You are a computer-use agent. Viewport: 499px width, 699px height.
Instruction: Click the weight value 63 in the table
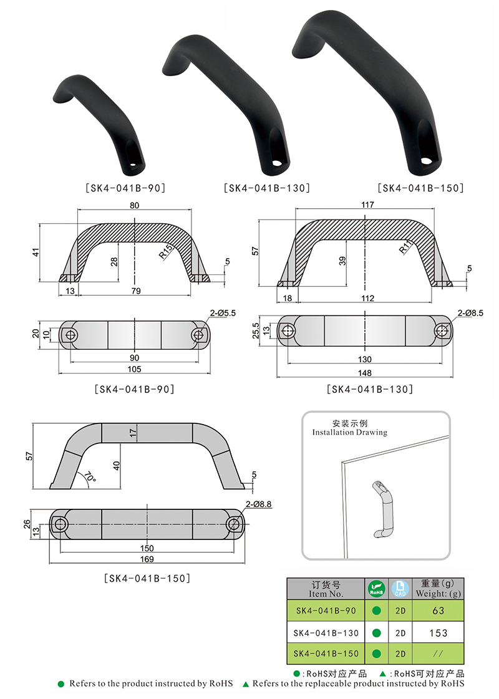click(x=438, y=610)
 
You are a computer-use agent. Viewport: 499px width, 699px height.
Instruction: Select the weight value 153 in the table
click(x=438, y=632)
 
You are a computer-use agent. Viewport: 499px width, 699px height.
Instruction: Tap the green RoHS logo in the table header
click(x=376, y=589)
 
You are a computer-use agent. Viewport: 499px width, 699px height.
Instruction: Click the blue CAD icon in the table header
click(x=400, y=589)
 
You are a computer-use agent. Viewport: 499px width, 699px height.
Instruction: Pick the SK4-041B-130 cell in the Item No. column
click(x=326, y=632)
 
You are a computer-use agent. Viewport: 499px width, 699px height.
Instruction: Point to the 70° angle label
click(x=90, y=477)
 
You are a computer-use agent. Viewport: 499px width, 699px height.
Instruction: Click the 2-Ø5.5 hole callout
click(x=223, y=313)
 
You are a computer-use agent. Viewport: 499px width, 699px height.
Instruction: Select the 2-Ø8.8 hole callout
click(x=258, y=504)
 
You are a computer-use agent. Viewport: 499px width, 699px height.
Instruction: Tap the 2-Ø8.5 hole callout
click(x=470, y=313)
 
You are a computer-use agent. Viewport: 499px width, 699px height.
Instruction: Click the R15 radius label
click(x=165, y=252)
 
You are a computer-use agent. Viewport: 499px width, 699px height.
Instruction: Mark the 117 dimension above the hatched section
click(x=367, y=205)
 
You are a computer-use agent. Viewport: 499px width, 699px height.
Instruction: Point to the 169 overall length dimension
click(x=147, y=559)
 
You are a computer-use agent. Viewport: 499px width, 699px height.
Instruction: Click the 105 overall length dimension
click(x=134, y=369)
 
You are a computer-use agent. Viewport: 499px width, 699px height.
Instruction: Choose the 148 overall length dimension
click(x=364, y=373)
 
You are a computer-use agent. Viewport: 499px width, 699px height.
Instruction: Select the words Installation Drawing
click(x=350, y=432)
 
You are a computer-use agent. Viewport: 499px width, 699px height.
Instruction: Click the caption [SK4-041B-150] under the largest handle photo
click(x=420, y=188)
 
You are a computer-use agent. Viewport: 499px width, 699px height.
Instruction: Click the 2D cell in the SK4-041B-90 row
click(x=400, y=610)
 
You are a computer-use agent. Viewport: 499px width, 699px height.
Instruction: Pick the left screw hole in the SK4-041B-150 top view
click(x=59, y=524)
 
